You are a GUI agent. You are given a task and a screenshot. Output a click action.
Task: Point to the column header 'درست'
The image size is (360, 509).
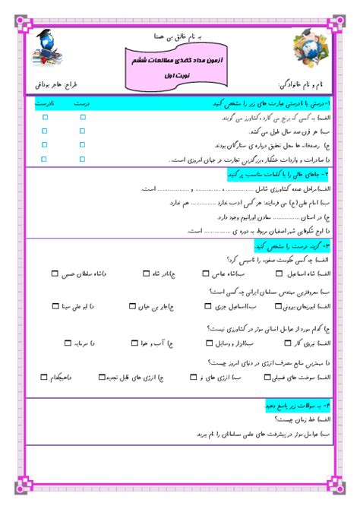tap(85, 103)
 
